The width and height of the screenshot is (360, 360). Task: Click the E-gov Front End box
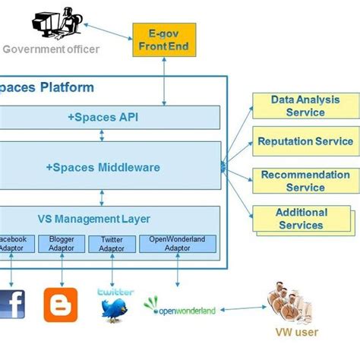pyautogui.click(x=165, y=40)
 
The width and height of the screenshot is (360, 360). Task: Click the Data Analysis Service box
pyautogui.click(x=305, y=106)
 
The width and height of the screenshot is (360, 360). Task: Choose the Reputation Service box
pyautogui.click(x=305, y=141)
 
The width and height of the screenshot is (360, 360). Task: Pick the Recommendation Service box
pyautogui.click(x=305, y=181)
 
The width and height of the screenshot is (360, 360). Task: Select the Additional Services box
pyautogui.click(x=302, y=219)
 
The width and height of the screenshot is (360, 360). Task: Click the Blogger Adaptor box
pyautogui.click(x=62, y=244)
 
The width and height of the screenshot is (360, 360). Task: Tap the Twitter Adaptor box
pyautogui.click(x=112, y=244)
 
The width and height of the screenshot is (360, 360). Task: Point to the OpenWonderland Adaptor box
pyautogui.click(x=177, y=244)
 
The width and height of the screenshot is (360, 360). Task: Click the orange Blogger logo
pyautogui.click(x=61, y=305)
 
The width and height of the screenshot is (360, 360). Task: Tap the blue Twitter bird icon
pyautogui.click(x=115, y=308)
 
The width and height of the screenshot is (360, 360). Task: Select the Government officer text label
pyautogui.click(x=51, y=49)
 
